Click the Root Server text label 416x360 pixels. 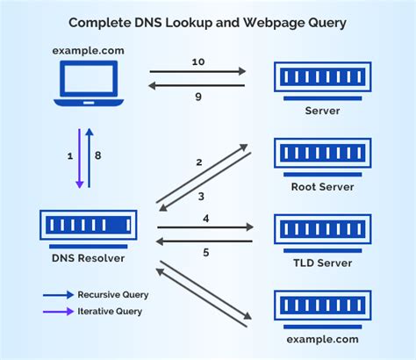click(x=322, y=186)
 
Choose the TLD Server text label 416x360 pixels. click(x=322, y=262)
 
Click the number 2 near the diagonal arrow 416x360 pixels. click(x=199, y=162)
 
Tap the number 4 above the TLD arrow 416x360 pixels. click(x=205, y=217)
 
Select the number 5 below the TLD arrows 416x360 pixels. click(x=205, y=253)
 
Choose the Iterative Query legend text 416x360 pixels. click(x=109, y=311)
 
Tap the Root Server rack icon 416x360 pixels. click(x=322, y=155)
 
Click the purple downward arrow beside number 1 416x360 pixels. click(x=78, y=158)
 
